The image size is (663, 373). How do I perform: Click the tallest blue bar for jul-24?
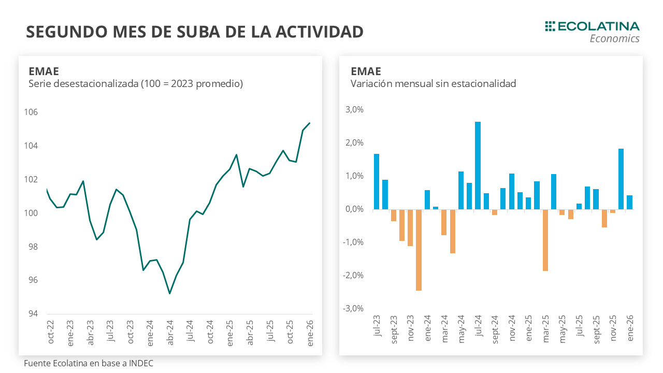pyautogui.click(x=478, y=166)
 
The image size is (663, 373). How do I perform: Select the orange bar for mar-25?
pyautogui.click(x=545, y=240)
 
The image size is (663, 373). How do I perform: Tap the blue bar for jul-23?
pyautogui.click(x=377, y=181)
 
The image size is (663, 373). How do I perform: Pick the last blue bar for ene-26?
pyautogui.click(x=629, y=203)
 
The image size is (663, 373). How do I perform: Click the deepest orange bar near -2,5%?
pyautogui.click(x=419, y=250)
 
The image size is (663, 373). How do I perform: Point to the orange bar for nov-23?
pyautogui.click(x=410, y=227)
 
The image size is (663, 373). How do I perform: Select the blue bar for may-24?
pyautogui.click(x=461, y=190)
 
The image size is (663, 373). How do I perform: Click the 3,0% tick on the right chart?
pyautogui.click(x=354, y=110)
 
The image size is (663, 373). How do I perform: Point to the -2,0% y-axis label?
pyautogui.click(x=353, y=276)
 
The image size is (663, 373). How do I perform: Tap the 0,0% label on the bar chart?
pyautogui.click(x=354, y=209)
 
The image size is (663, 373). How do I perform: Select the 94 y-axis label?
pyautogui.click(x=33, y=314)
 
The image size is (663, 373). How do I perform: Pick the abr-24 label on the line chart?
pyautogui.click(x=169, y=333)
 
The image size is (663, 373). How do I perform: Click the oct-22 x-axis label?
pyautogui.click(x=51, y=333)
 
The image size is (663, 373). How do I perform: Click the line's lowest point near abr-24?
pyautogui.click(x=169, y=294)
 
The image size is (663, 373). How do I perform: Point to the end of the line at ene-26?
pyautogui.click(x=309, y=123)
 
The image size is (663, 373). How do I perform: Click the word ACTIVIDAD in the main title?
pyautogui.click(x=319, y=32)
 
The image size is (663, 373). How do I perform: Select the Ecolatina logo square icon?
pyautogui.click(x=550, y=26)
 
